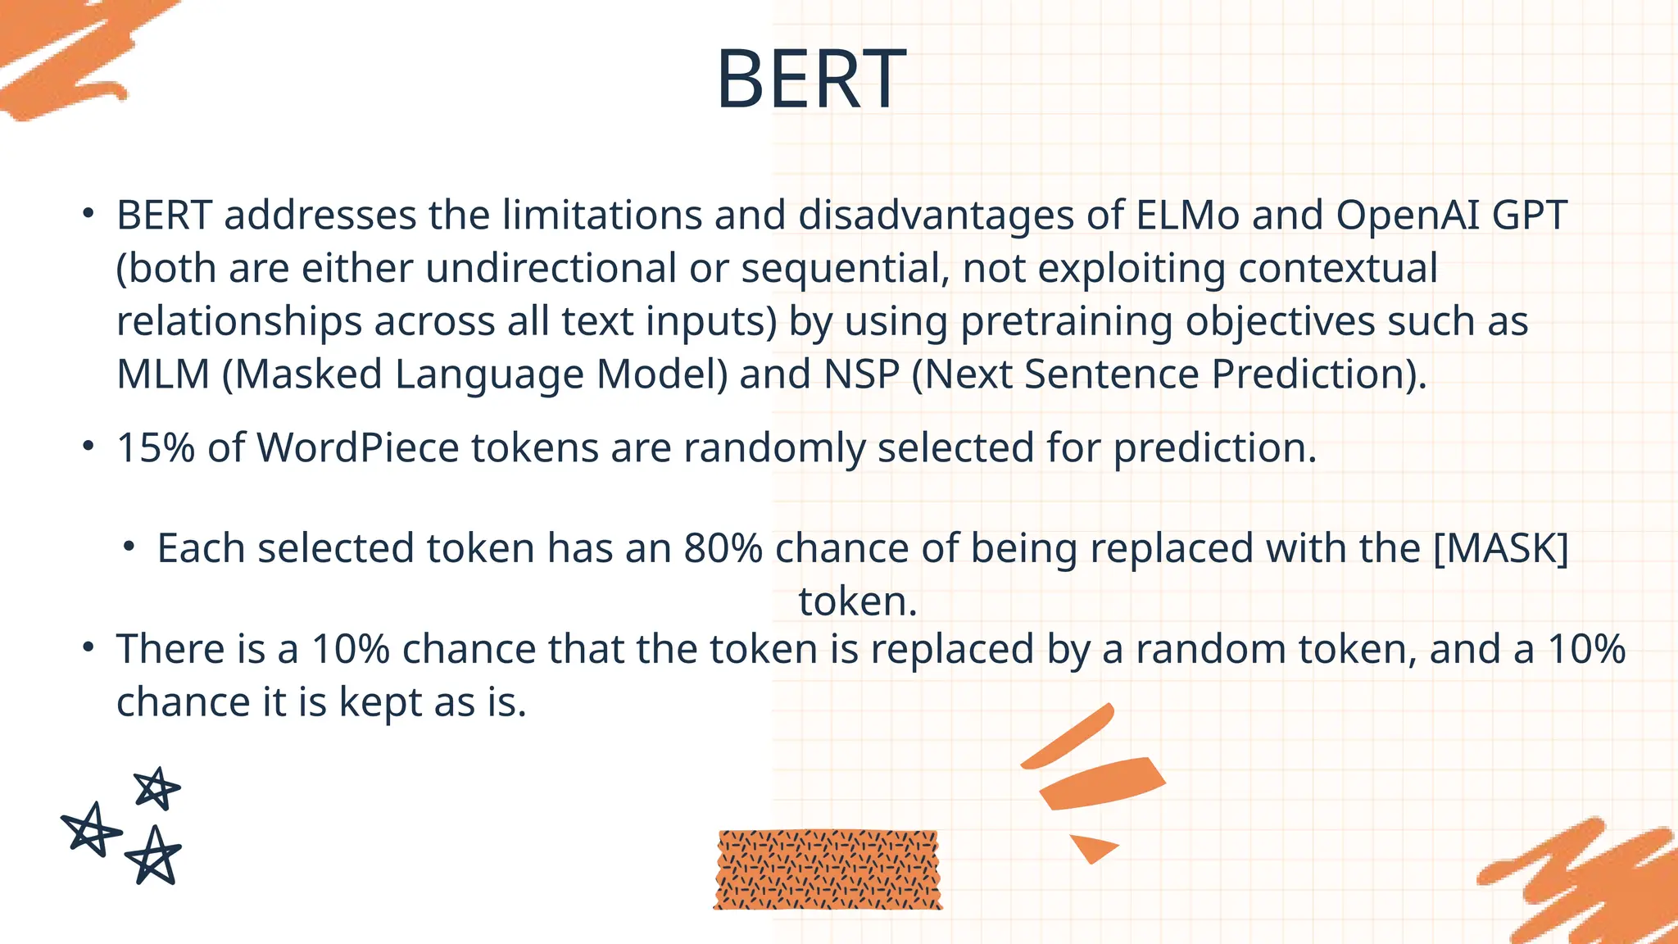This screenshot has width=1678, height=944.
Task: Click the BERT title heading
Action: pyautogui.click(x=810, y=79)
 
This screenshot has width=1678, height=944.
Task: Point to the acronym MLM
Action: pyautogui.click(x=163, y=374)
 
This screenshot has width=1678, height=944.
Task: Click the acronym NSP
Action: pyautogui.click(x=861, y=374)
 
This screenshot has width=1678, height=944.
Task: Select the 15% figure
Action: pyautogui.click(x=156, y=448)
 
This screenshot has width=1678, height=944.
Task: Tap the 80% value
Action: pyautogui.click(x=723, y=548)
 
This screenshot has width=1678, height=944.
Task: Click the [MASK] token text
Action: pyautogui.click(x=1501, y=548)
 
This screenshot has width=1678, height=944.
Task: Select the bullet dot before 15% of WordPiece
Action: pyautogui.click(x=88, y=447)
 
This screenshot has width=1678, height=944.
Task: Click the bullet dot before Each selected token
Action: pyautogui.click(x=129, y=547)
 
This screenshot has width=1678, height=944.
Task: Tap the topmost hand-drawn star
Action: pyautogui.click(x=156, y=789)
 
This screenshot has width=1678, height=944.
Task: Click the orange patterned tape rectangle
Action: pyautogui.click(x=828, y=869)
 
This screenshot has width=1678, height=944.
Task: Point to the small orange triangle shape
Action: pyautogui.click(x=1091, y=846)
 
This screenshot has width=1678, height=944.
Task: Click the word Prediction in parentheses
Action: pyautogui.click(x=1309, y=374)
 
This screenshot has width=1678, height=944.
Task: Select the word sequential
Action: pyautogui.click(x=845, y=269)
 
